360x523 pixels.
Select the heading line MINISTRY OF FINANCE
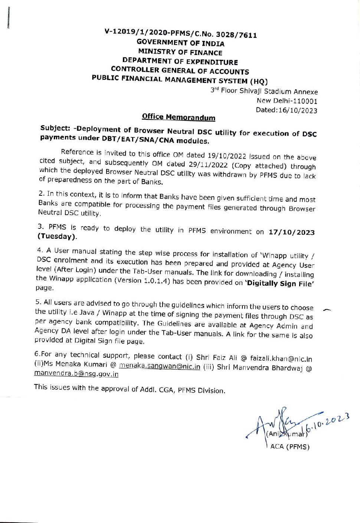coord(180,52)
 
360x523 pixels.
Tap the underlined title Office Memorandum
coord(179,117)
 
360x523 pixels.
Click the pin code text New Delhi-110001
coord(287,101)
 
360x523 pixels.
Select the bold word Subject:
coord(55,128)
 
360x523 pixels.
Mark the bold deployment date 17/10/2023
coord(291,233)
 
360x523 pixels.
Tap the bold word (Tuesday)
coord(57,237)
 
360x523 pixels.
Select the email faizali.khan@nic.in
coord(281,359)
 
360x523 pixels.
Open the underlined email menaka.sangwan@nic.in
coord(160,367)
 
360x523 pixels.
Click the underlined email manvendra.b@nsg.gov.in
coord(76,374)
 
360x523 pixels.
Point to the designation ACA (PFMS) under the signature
coord(290,447)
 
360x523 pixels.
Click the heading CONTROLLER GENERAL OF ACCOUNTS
coord(180,71)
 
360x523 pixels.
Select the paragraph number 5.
coord(38,302)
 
